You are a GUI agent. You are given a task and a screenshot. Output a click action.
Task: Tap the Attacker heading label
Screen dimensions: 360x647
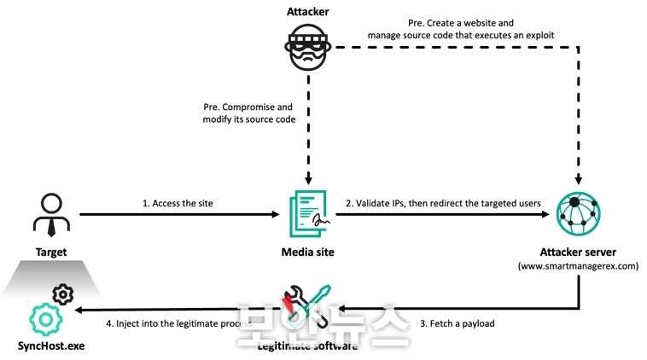[307, 11]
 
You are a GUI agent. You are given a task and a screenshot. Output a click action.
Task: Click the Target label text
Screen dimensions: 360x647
[51, 253]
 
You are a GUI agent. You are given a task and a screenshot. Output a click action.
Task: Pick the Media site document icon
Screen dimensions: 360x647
[307, 213]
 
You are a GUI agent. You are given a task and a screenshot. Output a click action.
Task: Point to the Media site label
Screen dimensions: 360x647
[307, 253]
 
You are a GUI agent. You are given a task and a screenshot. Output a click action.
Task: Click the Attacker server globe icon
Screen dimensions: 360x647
[579, 214]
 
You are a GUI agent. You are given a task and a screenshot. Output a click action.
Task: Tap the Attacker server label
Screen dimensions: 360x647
[579, 253]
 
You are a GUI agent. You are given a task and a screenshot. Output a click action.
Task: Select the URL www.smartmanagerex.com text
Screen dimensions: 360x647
[579, 266]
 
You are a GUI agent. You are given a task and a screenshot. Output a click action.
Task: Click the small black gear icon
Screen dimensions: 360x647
[62, 295]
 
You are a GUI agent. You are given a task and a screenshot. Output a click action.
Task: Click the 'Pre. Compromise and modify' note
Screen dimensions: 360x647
[248, 114]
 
